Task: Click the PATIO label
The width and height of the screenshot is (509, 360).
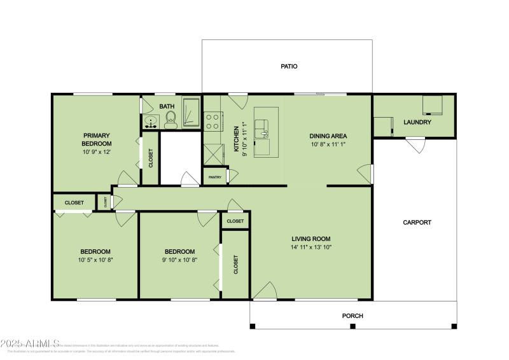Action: coord(289,66)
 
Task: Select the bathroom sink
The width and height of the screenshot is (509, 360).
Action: coord(151,121)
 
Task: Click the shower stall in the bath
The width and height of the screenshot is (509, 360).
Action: coord(191,113)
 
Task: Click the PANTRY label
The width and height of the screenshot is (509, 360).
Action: coord(215,177)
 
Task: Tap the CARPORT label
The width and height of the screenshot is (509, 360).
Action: coord(417,223)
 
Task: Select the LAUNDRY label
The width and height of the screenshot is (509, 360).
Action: coord(417,122)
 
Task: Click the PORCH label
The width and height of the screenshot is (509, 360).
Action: coord(352,315)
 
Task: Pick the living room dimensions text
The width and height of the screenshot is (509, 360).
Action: coord(312,247)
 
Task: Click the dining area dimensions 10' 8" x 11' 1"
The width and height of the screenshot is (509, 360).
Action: coord(328,145)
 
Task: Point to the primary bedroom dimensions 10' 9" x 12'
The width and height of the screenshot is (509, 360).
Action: coord(97,153)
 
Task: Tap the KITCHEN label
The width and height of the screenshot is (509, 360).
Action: coord(236,139)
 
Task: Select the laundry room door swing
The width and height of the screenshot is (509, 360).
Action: coord(414,146)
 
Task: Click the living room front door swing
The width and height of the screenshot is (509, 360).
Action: coord(264,291)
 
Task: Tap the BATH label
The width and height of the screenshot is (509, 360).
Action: coord(167,106)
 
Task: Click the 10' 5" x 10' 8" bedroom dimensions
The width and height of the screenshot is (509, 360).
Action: coord(95,260)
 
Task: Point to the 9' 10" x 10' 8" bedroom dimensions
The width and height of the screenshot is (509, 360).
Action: coord(179,260)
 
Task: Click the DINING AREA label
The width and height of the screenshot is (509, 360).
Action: coord(328,136)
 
